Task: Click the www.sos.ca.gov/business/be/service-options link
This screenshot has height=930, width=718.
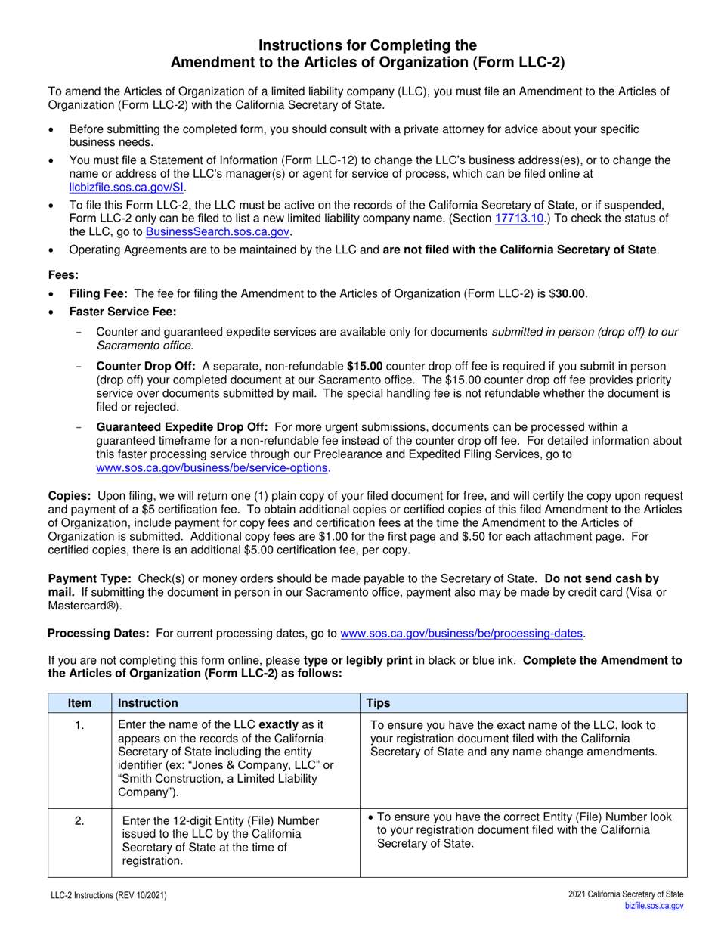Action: (212, 468)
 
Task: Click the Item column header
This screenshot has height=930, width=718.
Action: (79, 703)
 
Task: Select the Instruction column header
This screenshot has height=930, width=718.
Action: (148, 703)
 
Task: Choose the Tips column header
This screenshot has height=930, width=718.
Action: (379, 703)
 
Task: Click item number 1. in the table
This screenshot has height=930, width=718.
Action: (79, 726)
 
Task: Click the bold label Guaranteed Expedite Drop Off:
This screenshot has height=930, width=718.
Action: (183, 426)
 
